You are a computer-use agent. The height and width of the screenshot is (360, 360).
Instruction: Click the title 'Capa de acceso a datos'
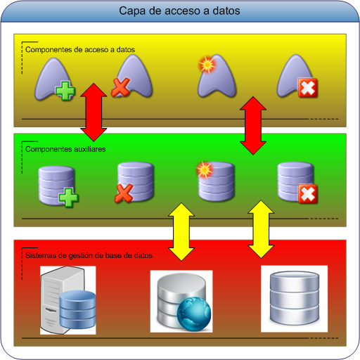[x=179, y=11]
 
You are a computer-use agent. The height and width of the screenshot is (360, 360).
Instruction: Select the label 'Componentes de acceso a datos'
[x=79, y=50]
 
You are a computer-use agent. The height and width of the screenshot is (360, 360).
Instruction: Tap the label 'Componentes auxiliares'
[x=64, y=149]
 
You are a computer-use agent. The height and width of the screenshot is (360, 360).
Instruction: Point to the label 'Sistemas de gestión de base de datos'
[x=89, y=255]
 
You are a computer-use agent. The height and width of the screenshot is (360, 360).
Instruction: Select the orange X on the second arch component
[x=120, y=89]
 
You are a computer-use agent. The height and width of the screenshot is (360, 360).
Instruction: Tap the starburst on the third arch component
[x=206, y=64]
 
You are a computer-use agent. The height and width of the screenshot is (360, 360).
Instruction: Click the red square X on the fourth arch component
[x=307, y=89]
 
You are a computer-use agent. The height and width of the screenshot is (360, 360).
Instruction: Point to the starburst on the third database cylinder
[x=204, y=170]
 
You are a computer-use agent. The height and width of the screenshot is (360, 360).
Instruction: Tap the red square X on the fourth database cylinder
[x=307, y=193]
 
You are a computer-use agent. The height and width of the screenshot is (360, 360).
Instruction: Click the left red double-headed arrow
[x=93, y=110]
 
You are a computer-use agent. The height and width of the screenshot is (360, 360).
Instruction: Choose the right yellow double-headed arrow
[x=262, y=228]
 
